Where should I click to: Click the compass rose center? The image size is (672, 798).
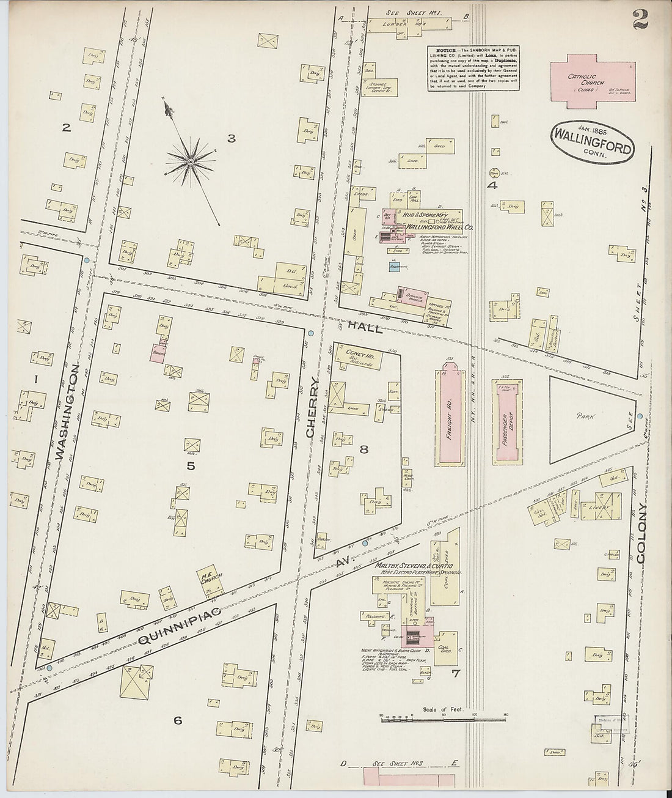(191, 161)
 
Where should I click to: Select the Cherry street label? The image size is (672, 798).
(313, 407)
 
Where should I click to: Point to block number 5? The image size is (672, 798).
(191, 466)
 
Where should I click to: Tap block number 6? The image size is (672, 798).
(177, 720)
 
